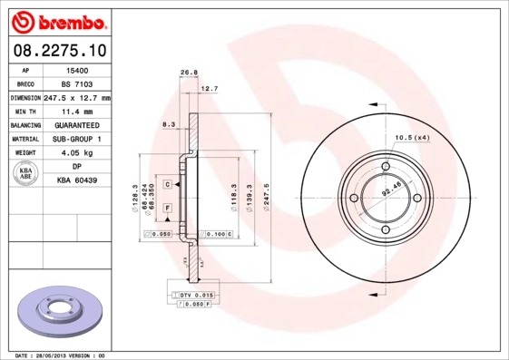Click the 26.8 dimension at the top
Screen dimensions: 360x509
point(189,73)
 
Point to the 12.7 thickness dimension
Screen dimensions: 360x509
point(209,89)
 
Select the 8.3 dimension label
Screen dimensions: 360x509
point(168,123)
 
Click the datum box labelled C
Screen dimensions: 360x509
point(168,184)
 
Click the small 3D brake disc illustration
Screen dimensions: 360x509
point(56,310)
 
